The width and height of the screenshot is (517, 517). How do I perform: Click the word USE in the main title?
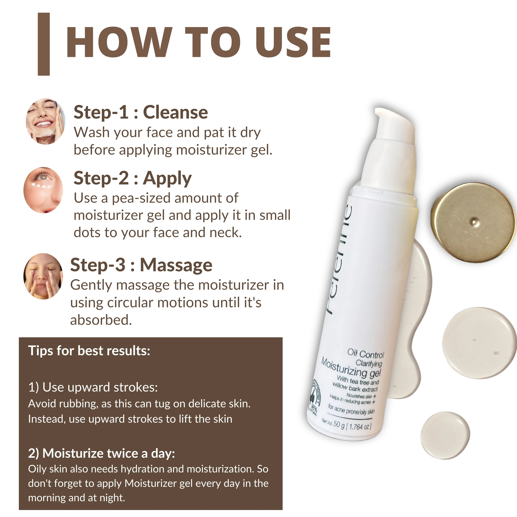(293, 42)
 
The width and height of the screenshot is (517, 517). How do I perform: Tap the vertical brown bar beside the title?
(44, 44)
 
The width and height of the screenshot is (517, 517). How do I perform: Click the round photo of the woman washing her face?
(45, 121)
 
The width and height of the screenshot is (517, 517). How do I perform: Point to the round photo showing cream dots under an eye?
(43, 190)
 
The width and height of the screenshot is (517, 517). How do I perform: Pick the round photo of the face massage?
(43, 276)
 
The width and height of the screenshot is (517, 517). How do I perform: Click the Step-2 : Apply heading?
(133, 178)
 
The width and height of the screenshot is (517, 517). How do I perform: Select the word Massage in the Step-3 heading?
(176, 265)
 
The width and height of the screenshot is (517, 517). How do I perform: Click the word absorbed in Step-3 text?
(101, 320)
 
